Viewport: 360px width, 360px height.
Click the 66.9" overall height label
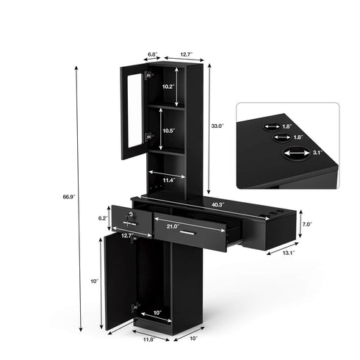tap(69, 196)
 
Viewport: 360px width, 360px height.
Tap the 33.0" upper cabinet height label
tap(217, 126)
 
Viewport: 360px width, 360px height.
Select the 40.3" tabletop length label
tap(218, 204)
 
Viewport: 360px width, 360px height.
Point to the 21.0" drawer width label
tap(173, 226)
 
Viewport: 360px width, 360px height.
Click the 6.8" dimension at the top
tap(153, 54)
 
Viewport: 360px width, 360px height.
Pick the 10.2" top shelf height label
tap(168, 87)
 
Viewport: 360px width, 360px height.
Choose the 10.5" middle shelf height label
tap(169, 131)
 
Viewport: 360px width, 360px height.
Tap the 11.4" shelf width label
tap(170, 181)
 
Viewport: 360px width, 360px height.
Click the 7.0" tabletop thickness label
tap(307, 224)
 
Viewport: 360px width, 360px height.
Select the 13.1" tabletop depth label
tap(289, 253)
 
